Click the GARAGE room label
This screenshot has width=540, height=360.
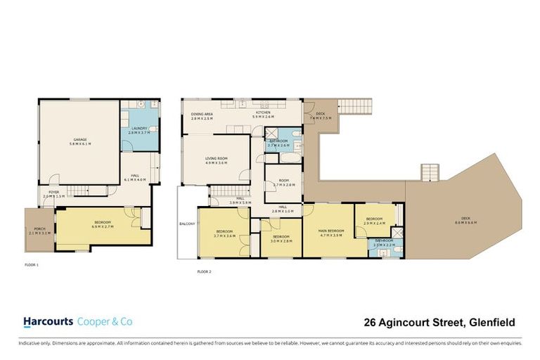click(79, 140)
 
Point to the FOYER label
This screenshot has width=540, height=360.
click(53, 192)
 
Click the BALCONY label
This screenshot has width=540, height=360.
click(186, 225)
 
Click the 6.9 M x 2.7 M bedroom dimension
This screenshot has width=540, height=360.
click(102, 228)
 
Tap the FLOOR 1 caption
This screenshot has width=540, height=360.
click(32, 265)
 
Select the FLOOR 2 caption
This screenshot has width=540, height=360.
click(204, 271)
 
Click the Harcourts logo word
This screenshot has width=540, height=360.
click(48, 322)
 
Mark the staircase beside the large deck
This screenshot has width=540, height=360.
click(430, 172)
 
